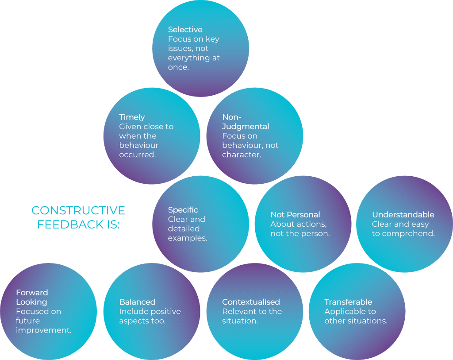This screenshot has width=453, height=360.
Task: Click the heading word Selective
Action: pyautogui.click(x=185, y=30)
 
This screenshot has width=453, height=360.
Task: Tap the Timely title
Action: pyautogui.click(x=132, y=117)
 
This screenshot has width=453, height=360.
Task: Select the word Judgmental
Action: pyautogui.click(x=246, y=127)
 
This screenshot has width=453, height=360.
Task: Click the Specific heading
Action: pyautogui.click(x=183, y=210)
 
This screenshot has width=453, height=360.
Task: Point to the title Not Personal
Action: pyautogui.click(x=295, y=215)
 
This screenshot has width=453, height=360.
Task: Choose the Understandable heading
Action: pyautogui.click(x=403, y=215)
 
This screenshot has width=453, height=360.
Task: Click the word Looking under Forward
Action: pyautogui.click(x=31, y=302)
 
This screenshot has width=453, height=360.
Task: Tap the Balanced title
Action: pyautogui.click(x=137, y=302)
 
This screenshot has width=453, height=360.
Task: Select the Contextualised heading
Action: pyautogui.click(x=251, y=302)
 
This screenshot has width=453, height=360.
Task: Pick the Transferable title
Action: pyautogui.click(x=348, y=302)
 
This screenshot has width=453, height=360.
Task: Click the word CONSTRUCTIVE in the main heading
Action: pyautogui.click(x=78, y=210)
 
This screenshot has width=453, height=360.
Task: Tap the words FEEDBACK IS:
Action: pyautogui.click(x=78, y=225)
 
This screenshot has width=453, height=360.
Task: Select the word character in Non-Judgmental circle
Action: pyautogui.click(x=241, y=155)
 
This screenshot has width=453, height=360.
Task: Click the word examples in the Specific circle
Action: pyautogui.click(x=188, y=238)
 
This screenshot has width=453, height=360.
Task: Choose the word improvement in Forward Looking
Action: pyautogui.click(x=43, y=330)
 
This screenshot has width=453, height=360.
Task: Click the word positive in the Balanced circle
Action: pyautogui.click(x=166, y=311)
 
